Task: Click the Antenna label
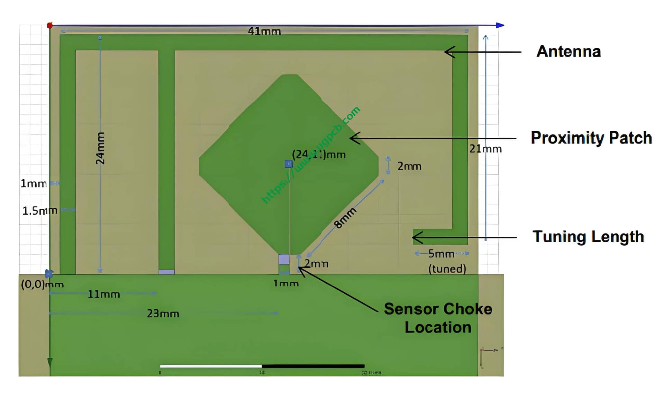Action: pos(568,52)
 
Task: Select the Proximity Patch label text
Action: pos(591,138)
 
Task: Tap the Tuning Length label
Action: pos(588,237)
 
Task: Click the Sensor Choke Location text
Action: pos(438,318)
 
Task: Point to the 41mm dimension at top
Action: pos(264,31)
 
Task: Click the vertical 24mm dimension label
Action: pos(100,148)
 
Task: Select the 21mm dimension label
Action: pos(485,149)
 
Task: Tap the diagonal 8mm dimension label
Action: pos(345,218)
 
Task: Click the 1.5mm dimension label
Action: pos(39,210)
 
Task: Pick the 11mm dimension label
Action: pos(104,294)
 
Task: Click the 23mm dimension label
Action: pos(163,313)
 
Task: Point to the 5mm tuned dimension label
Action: pos(441,254)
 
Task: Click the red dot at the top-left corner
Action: pos(50,25)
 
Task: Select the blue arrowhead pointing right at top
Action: pos(500,25)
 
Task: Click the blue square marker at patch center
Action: pos(289,164)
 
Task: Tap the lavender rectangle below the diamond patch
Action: pos(284,259)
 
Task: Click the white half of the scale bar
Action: pos(211,366)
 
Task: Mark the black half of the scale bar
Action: pos(313,366)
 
